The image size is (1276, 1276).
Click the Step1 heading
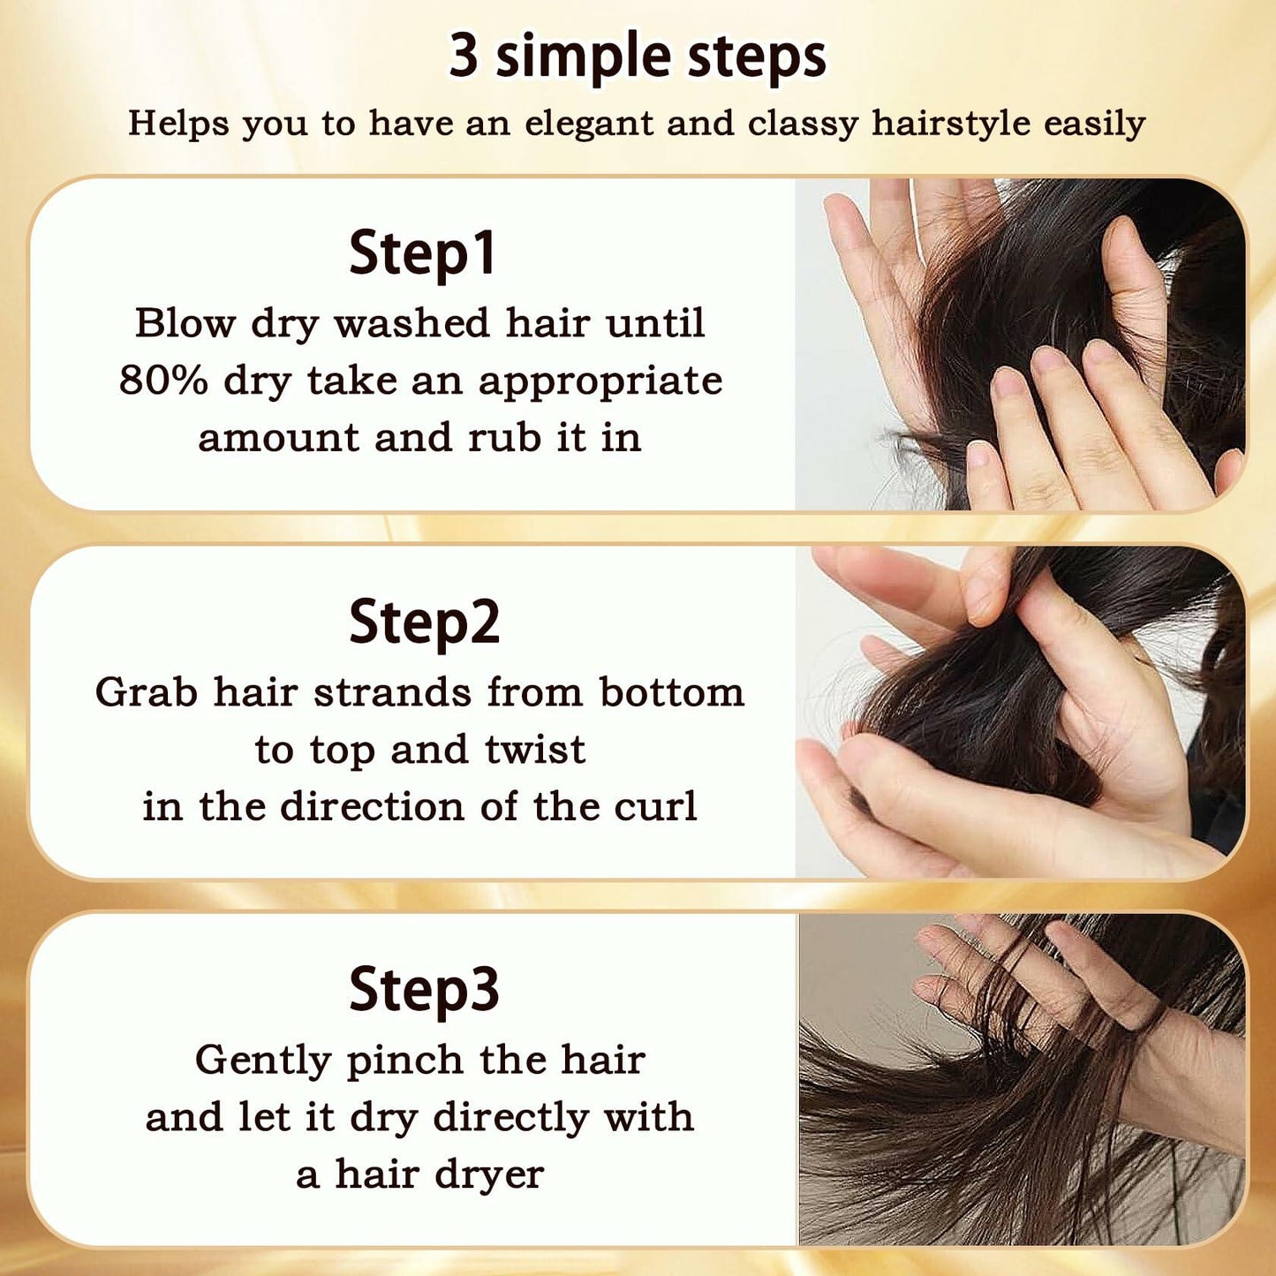click(422, 253)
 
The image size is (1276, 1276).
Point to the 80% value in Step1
click(162, 381)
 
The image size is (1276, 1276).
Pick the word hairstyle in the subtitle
click(951, 125)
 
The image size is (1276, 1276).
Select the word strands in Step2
click(392, 692)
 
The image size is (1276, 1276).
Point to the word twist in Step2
click(535, 750)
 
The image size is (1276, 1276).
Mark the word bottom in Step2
click(672, 692)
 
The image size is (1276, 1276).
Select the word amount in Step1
click(278, 439)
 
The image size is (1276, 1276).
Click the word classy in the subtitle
click(803, 125)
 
